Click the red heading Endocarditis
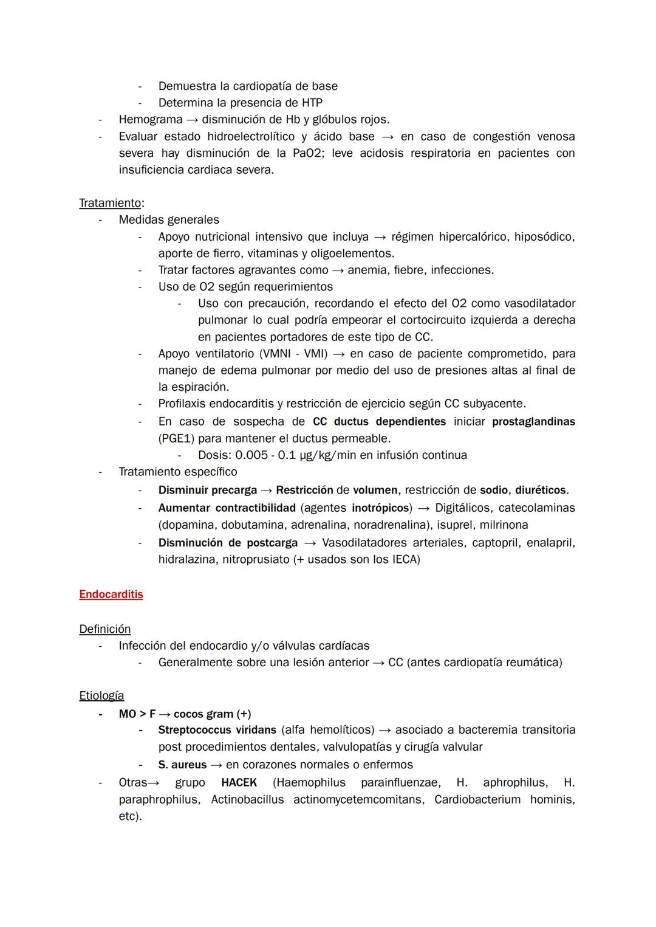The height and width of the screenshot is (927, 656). pos(111,594)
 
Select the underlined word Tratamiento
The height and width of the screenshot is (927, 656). pos(110,202)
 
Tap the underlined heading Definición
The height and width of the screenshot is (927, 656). pos(104,629)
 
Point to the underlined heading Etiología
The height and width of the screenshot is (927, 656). pos(101,695)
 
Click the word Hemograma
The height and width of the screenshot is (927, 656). pos(150,119)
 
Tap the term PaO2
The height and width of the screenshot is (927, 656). pos(307,153)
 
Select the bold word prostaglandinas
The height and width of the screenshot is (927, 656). pos(533,421)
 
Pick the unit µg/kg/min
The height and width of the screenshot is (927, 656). pos(328,455)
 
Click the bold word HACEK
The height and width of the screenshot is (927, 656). pos(239,782)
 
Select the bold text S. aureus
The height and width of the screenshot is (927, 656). pos(182,765)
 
